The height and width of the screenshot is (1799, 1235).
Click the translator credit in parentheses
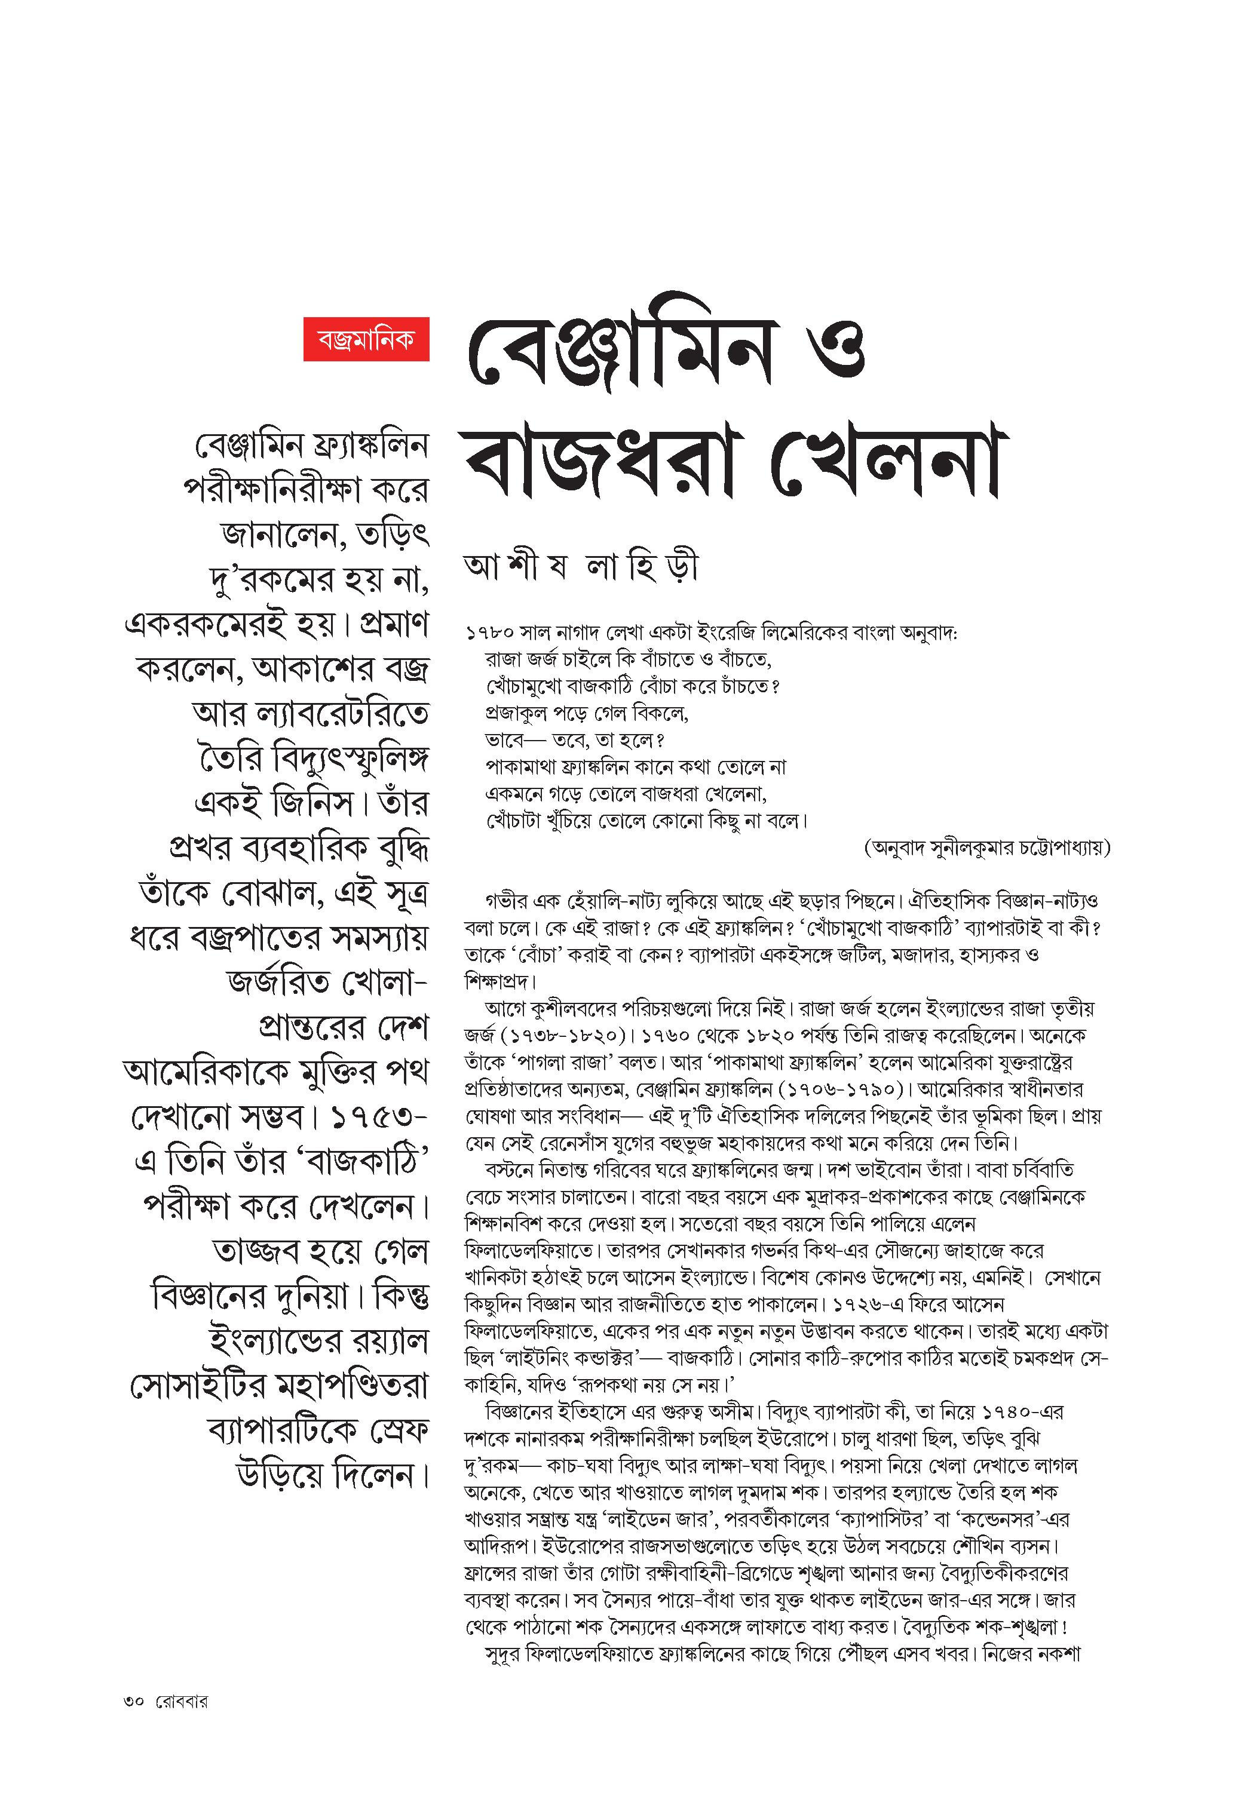pyautogui.click(x=986, y=848)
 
